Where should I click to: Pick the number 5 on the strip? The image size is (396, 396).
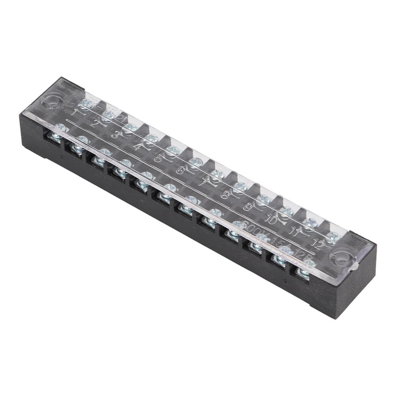tap(158, 158)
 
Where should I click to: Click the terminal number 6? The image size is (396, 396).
tap(180, 169)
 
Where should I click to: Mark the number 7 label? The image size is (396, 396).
tap(202, 182)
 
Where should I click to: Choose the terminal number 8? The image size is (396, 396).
tap(225, 194)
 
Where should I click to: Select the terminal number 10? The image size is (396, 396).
tap(271, 220)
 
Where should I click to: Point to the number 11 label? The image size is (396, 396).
tap(295, 231)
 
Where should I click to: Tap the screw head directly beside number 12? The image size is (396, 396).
tap(331, 236)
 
